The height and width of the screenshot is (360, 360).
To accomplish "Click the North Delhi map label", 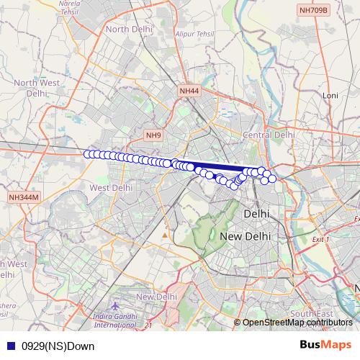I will click(127, 29).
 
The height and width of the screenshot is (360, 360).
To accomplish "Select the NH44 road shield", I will click(189, 90).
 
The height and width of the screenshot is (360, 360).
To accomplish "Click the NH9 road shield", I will click(153, 135).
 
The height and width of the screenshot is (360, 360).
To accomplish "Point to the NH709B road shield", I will click(313, 10).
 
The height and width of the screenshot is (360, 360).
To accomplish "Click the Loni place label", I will click(330, 95).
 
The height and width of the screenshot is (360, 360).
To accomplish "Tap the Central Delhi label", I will click(269, 135).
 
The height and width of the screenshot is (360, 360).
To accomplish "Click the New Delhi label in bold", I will click(245, 236).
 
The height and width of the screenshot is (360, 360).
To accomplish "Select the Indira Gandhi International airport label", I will click(118, 320).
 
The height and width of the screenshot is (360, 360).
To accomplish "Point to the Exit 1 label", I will click(318, 239).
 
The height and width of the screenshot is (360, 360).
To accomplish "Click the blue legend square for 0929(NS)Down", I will click(9, 346).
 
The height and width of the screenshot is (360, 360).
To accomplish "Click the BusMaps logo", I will click(325, 346).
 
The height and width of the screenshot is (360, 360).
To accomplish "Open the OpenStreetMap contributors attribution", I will click(297, 323).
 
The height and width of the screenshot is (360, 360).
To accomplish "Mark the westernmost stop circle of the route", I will click(89, 154).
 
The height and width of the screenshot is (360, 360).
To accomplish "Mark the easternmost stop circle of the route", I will click(272, 178).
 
